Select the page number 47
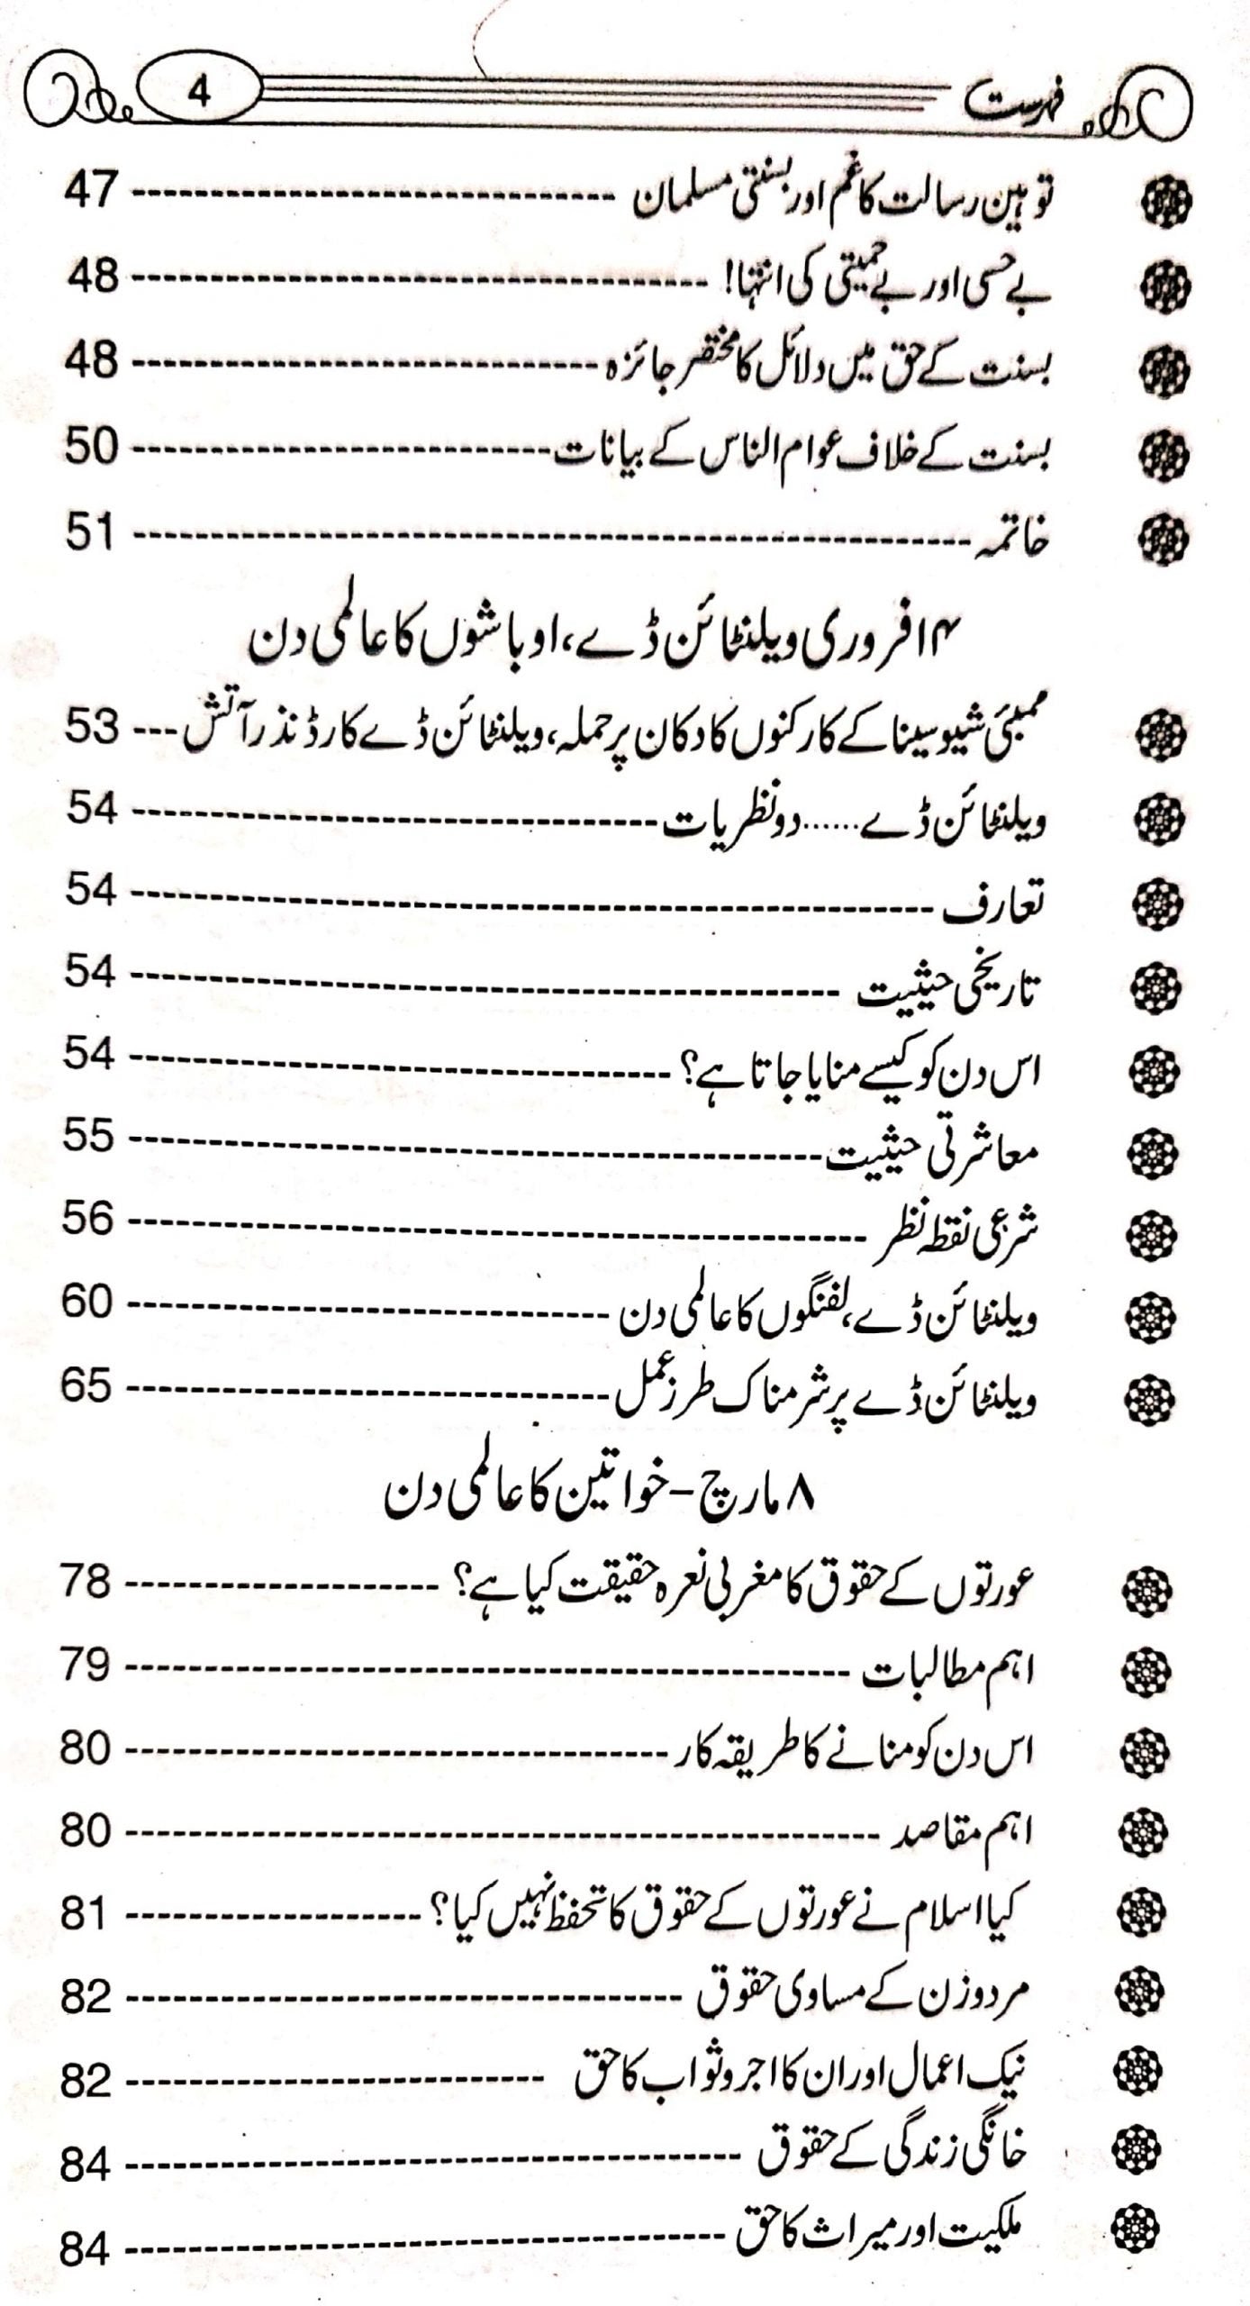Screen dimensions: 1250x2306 [91, 192]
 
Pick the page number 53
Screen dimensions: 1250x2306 [91, 729]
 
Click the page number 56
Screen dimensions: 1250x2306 [89, 1221]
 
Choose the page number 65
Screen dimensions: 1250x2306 [87, 1386]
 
